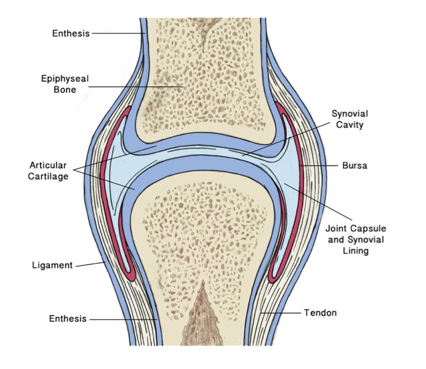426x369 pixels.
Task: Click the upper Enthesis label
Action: [x=71, y=33]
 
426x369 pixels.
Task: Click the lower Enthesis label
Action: [x=68, y=318]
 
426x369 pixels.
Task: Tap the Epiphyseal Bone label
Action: [x=65, y=83]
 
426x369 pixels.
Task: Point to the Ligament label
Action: [x=52, y=265]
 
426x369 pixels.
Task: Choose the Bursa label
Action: [x=355, y=166]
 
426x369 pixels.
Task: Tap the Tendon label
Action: [x=320, y=313]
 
